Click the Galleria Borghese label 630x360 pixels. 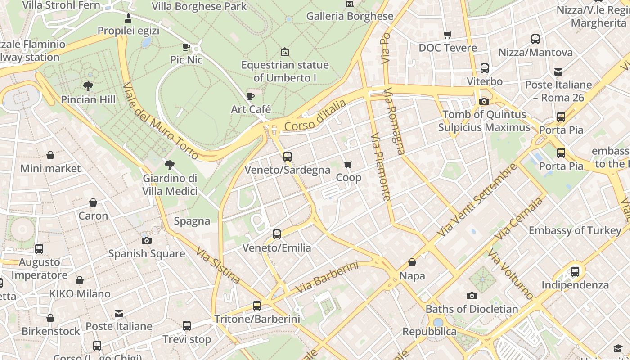tap(350, 16)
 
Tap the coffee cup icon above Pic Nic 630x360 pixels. tap(186, 47)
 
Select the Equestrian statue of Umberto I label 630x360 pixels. tap(285, 72)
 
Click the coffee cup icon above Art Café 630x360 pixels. tap(251, 96)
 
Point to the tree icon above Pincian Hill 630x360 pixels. tap(88, 86)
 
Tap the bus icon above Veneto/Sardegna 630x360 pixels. tap(287, 157)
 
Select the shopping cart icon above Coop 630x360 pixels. tap(348, 165)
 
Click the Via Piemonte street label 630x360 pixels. tap(381, 166)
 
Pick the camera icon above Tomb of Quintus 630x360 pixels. tap(484, 101)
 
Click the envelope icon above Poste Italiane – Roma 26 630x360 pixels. tap(558, 72)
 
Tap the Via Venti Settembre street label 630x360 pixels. tap(477, 201)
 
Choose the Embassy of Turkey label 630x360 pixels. tap(575, 230)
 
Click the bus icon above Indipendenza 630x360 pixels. tap(575, 272)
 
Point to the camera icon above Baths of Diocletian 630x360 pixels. tap(472, 296)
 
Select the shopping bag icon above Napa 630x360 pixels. tap(412, 262)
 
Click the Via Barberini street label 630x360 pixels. tap(327, 276)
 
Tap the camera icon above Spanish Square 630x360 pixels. tap(147, 240)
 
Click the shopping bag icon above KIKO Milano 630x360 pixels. tap(80, 281)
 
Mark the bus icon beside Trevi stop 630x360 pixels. tap(186, 326)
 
